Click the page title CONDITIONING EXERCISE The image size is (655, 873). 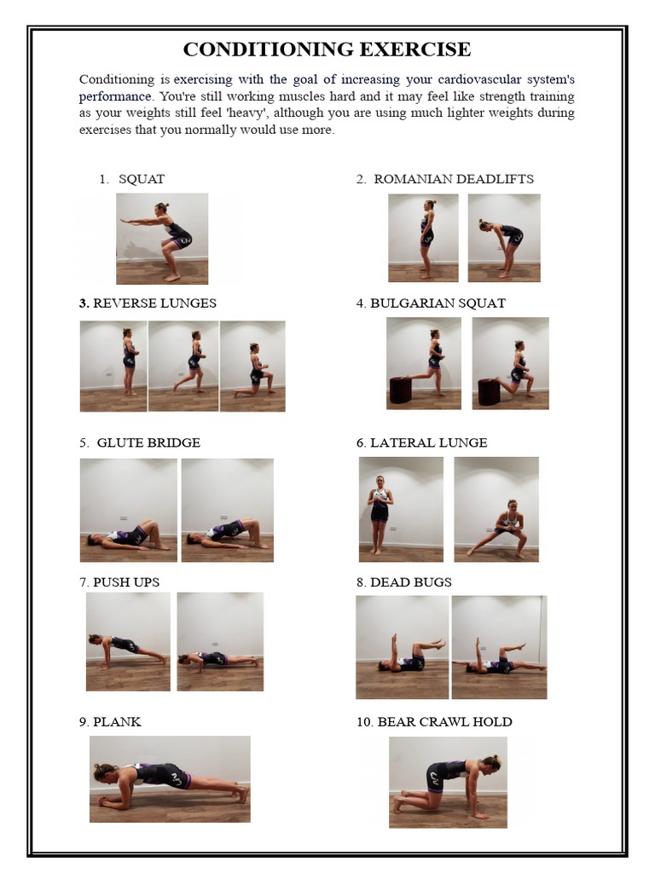pos(327,49)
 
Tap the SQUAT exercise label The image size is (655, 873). pos(142,179)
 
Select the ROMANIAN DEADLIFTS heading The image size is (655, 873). pos(453,179)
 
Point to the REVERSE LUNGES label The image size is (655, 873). pos(154,303)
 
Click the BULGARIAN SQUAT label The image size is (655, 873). pos(438,303)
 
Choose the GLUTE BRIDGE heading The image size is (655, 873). pos(148,442)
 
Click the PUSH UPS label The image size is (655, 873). pos(126,582)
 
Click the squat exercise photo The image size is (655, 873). pos(162,239)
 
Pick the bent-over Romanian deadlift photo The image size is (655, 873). pos(503,238)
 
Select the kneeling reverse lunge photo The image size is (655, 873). pos(252,366)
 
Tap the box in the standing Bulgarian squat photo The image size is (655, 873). pos(401,390)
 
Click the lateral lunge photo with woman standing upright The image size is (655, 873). pos(401,509)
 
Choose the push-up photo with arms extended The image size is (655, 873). pos(128,641)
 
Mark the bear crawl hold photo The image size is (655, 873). pos(448,782)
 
